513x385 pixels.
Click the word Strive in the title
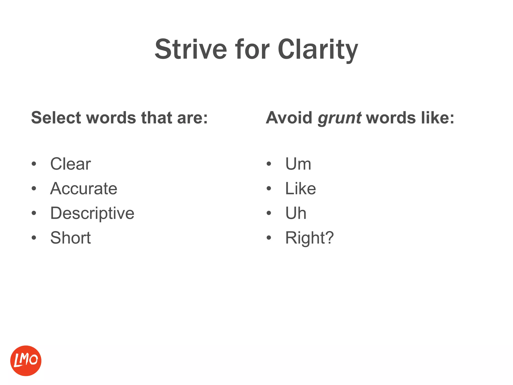(191, 49)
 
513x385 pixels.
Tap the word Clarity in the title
(318, 49)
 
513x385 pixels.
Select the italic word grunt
(339, 118)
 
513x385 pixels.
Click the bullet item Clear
(70, 164)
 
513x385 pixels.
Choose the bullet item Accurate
(84, 188)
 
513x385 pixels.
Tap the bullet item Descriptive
(92, 213)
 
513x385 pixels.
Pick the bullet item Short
(70, 238)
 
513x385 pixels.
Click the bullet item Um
(298, 164)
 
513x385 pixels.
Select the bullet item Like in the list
(301, 188)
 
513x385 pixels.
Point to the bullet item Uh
(296, 213)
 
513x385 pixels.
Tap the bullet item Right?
(309, 238)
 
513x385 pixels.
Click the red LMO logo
(26, 361)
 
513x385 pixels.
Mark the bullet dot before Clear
(34, 164)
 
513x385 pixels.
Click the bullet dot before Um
(269, 164)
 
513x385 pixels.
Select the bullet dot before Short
(34, 238)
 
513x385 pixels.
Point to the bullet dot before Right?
(269, 238)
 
